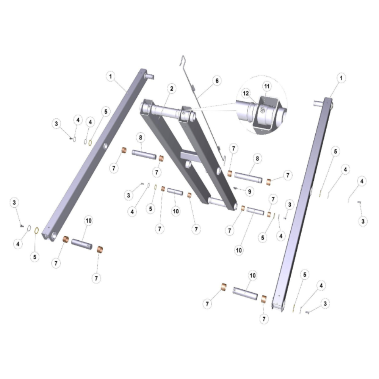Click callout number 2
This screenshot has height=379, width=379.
tap(172, 89)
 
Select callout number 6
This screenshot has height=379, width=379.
tap(217, 81)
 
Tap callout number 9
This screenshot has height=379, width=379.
tap(250, 191)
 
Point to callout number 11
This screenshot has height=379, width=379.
tap(266, 86)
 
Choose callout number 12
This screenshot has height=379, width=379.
tap(246, 93)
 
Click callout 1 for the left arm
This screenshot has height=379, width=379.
tap(111, 77)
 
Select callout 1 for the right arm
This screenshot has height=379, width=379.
tap(341, 78)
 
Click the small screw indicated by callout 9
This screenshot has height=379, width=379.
tap(235, 188)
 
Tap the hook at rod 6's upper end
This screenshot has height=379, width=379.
tap(183, 60)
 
